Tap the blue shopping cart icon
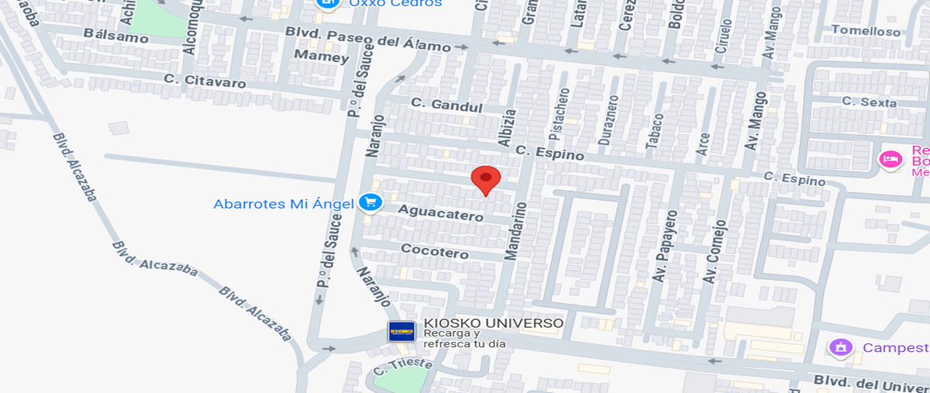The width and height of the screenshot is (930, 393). click(370, 203)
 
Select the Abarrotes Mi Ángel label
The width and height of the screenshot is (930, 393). click(284, 204)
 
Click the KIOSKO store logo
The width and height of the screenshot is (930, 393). click(401, 332)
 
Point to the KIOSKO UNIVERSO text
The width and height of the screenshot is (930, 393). click(493, 322)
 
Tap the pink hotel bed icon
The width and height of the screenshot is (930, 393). click(890, 160)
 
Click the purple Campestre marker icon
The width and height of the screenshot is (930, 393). click(839, 347)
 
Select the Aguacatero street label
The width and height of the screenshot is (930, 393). click(441, 213)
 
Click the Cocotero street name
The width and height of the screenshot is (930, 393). click(434, 252)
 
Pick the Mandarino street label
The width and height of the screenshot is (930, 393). click(518, 230)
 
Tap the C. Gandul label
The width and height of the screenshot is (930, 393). click(446, 106)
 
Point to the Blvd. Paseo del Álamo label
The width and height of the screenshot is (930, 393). click(367, 40)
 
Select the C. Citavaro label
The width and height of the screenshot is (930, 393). click(205, 81)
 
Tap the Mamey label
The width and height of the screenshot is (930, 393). click(322, 57)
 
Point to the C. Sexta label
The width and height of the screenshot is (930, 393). click(869, 102)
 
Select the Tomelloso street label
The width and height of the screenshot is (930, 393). click(865, 31)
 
